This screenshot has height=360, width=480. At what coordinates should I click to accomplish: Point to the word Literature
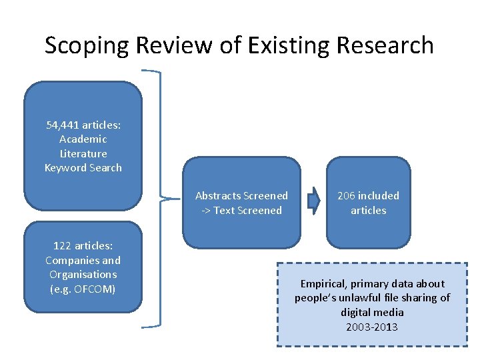pos(83,153)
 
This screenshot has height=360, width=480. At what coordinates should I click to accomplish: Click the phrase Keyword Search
pos(83,167)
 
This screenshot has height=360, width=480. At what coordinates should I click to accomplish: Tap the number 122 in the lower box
pos(57,246)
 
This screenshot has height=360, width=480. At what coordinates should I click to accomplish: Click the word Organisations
pos(83,274)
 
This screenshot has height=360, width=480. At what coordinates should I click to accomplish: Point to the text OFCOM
pos(95,289)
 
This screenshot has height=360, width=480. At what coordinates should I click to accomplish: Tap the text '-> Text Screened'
pos(241,210)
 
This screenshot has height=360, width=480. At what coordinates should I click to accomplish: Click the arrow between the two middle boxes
pos(313,202)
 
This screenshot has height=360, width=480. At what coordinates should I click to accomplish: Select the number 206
pos(346,196)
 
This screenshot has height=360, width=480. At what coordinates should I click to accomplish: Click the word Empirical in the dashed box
pos(324,283)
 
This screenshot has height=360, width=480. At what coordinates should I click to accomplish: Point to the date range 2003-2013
pos(372,327)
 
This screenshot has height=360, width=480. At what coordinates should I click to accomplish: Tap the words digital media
pos(372,312)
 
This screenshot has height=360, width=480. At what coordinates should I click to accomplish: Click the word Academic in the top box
pos(83,139)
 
